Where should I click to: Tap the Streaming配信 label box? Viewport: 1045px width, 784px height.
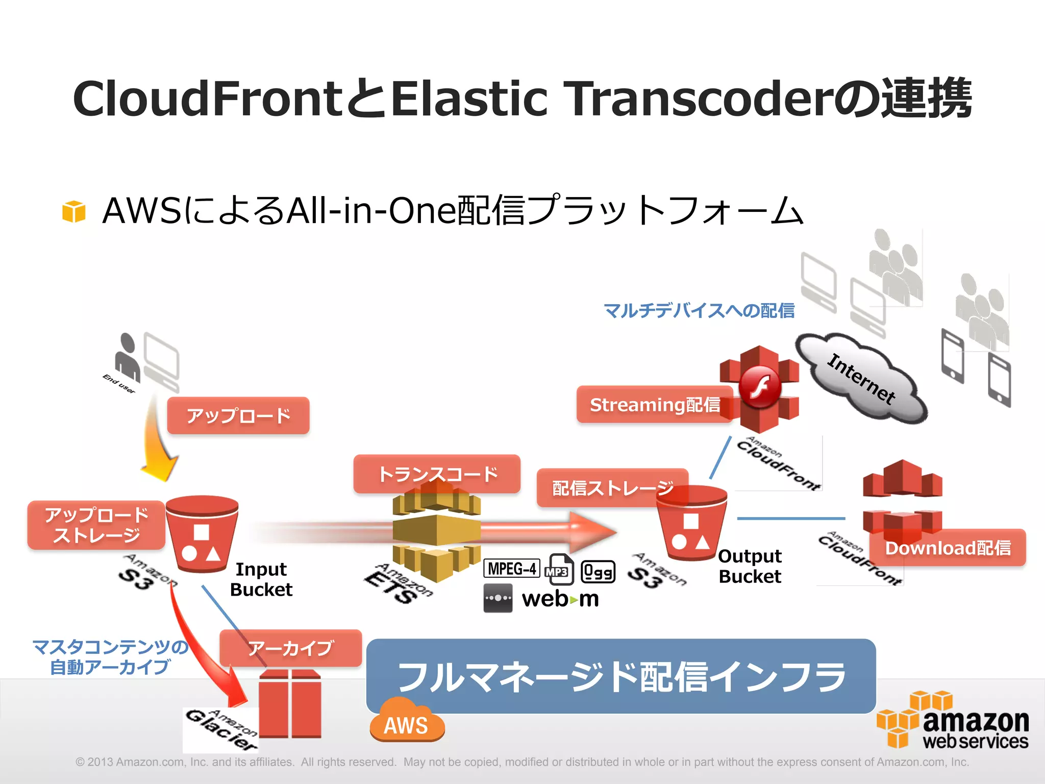(655, 405)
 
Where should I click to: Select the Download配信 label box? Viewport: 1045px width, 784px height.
(948, 548)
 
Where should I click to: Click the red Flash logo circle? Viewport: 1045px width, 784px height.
(760, 387)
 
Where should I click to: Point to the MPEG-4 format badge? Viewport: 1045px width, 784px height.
(512, 569)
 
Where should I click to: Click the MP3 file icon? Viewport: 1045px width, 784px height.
(559, 569)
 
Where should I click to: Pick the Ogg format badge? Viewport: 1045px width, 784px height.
(598, 571)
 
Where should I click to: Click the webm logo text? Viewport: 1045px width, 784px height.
(560, 599)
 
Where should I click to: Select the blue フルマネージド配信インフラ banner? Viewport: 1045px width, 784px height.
(621, 676)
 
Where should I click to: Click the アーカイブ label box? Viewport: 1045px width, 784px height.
(290, 648)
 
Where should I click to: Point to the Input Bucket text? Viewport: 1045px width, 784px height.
(261, 579)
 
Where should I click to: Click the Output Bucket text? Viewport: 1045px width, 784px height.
(750, 566)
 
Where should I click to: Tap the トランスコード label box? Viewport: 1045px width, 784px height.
(437, 474)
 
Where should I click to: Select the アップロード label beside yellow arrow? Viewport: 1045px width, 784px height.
(238, 415)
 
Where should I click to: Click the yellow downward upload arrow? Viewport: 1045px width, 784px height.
(158, 444)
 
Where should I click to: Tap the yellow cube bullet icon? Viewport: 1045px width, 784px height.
(73, 211)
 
